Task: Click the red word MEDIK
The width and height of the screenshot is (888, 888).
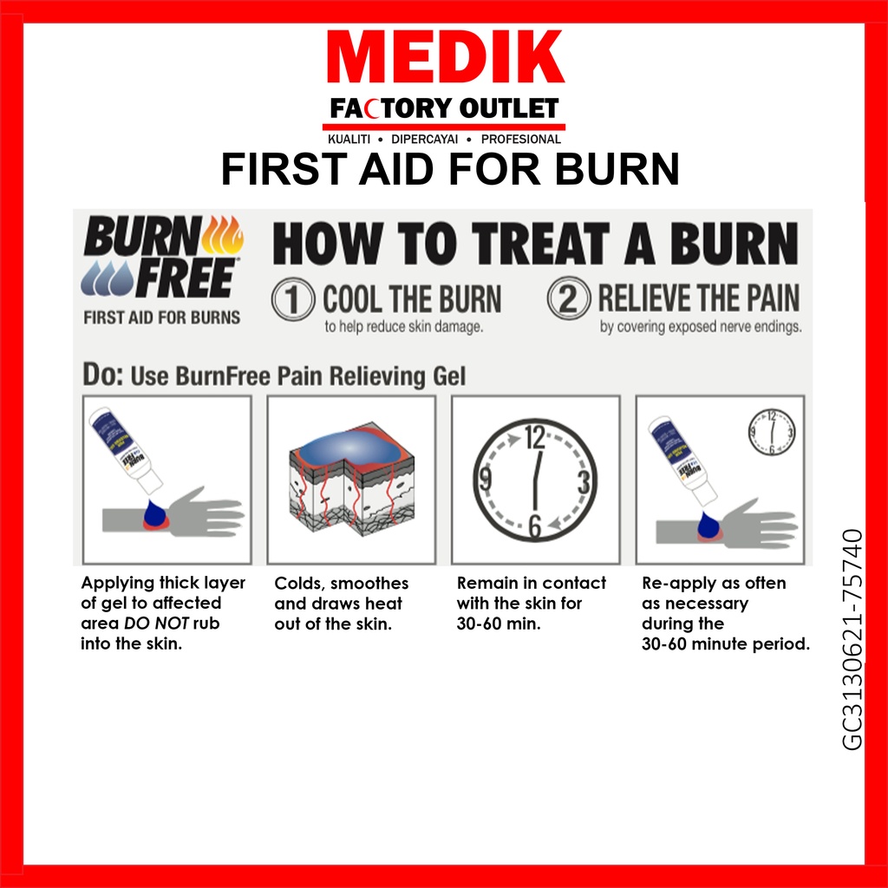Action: pyautogui.click(x=445, y=57)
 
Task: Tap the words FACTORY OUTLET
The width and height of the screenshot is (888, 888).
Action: pyautogui.click(x=444, y=108)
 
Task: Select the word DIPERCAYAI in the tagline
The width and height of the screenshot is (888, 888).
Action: pyautogui.click(x=424, y=140)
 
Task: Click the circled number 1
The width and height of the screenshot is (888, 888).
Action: pyautogui.click(x=293, y=299)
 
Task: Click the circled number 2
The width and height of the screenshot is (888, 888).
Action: pyautogui.click(x=569, y=298)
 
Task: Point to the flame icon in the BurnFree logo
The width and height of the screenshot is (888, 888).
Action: pyautogui.click(x=223, y=235)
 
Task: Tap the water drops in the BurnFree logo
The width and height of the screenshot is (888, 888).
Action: pyautogui.click(x=107, y=278)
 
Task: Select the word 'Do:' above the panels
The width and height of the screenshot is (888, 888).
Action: pyautogui.click(x=103, y=375)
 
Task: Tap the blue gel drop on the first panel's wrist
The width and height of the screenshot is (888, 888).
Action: pyautogui.click(x=154, y=513)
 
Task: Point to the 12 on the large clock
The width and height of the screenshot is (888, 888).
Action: pyautogui.click(x=534, y=437)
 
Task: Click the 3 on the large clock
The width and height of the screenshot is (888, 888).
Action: pyautogui.click(x=584, y=482)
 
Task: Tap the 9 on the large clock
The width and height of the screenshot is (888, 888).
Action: pyautogui.click(x=486, y=480)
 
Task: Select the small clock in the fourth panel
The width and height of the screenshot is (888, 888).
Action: pyautogui.click(x=771, y=433)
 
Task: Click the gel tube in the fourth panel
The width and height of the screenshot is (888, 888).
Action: pyautogui.click(x=682, y=459)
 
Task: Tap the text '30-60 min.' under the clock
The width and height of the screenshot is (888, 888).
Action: pyautogui.click(x=499, y=624)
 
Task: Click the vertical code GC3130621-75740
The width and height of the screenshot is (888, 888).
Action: pyautogui.click(x=852, y=639)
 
